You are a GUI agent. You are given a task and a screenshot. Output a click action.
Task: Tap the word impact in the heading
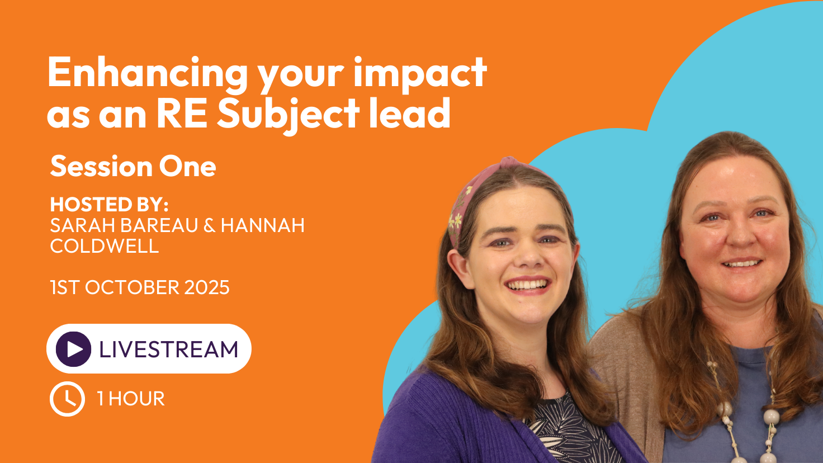[420, 72]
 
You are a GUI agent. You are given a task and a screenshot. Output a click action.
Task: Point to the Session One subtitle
[133, 167]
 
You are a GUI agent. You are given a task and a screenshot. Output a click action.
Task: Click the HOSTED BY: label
[109, 204]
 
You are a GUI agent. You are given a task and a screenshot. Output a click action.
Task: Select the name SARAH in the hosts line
[83, 225]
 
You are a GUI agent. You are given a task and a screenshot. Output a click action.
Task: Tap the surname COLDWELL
[105, 246]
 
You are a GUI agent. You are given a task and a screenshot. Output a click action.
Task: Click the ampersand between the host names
[209, 225]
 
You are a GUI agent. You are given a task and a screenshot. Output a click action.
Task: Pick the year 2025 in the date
[207, 287]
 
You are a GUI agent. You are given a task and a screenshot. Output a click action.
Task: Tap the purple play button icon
[73, 349]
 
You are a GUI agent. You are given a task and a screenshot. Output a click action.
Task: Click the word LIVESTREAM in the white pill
[169, 349]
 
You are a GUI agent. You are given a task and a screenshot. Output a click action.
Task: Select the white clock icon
[67, 399]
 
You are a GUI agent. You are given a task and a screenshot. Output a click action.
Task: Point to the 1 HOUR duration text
[131, 399]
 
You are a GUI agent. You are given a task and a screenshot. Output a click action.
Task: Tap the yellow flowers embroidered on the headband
[456, 220]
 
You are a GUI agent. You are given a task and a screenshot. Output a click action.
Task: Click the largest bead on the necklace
[771, 417]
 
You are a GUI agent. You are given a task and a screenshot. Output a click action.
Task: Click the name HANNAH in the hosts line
[263, 225]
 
